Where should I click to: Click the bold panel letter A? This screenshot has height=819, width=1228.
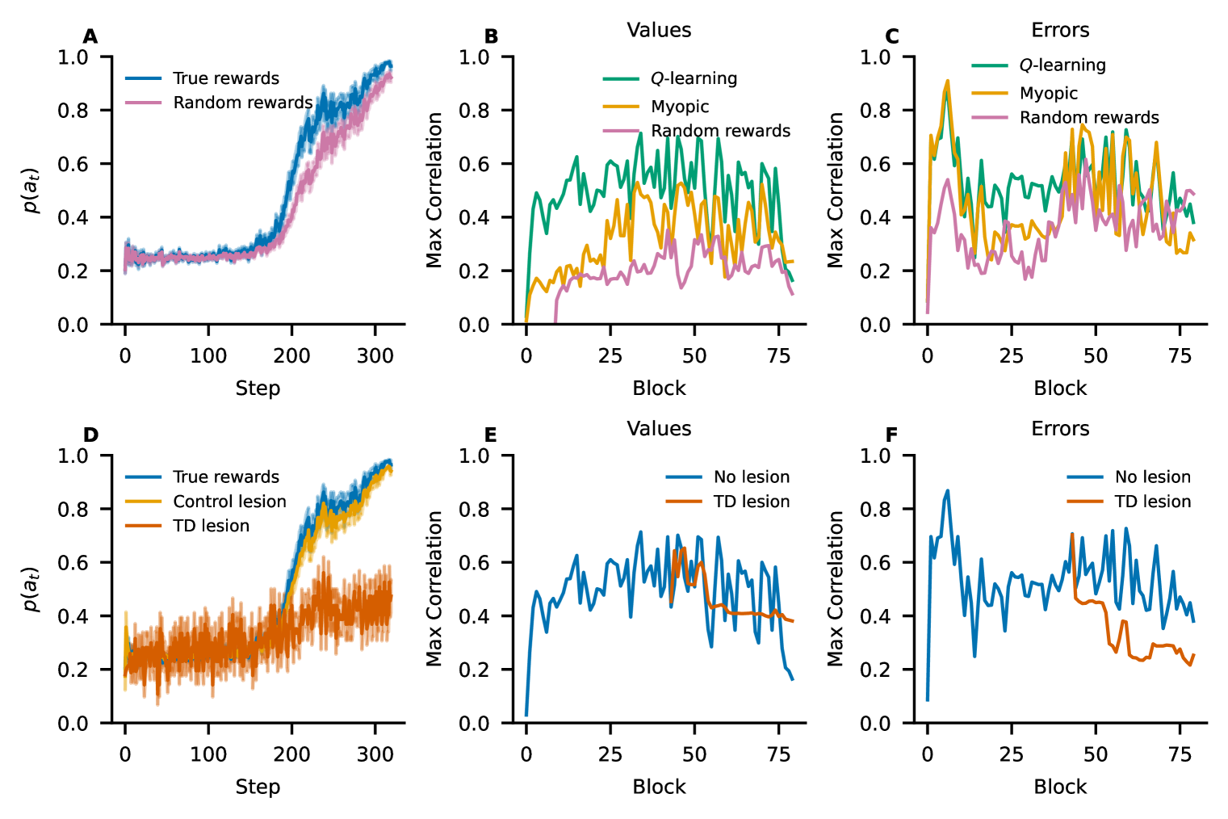point(90,36)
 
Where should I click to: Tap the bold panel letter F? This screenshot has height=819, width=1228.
point(891,435)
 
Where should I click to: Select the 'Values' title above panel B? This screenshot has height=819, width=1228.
point(659,31)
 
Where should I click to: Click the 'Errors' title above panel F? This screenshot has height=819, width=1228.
point(1060,429)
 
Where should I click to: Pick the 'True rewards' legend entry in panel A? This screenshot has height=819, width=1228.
point(226,78)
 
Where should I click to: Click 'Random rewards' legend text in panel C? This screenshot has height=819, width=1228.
point(1089,118)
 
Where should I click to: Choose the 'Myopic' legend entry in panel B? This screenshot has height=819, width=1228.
point(680,107)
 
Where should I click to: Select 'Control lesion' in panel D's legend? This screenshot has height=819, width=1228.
point(229,502)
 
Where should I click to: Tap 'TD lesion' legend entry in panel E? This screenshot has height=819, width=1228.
point(751,502)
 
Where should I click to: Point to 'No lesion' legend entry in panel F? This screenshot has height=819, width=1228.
point(1152,477)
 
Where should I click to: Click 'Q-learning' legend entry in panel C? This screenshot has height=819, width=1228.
point(1062,65)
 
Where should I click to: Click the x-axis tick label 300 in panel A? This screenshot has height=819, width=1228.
point(375,356)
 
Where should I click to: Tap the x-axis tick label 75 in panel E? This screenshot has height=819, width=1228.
point(778,755)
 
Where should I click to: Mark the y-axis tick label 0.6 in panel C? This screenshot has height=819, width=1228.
point(876,164)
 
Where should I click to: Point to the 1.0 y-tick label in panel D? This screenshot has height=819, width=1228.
point(73,456)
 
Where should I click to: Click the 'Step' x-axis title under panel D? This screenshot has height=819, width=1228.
point(258,787)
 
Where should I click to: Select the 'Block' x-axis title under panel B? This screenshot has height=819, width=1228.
point(659,388)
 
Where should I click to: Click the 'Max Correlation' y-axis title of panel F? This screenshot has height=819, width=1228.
point(836,589)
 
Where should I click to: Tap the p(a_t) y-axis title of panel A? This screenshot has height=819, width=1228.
point(31,191)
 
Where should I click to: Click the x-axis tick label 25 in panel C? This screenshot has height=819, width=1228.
point(1011,356)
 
